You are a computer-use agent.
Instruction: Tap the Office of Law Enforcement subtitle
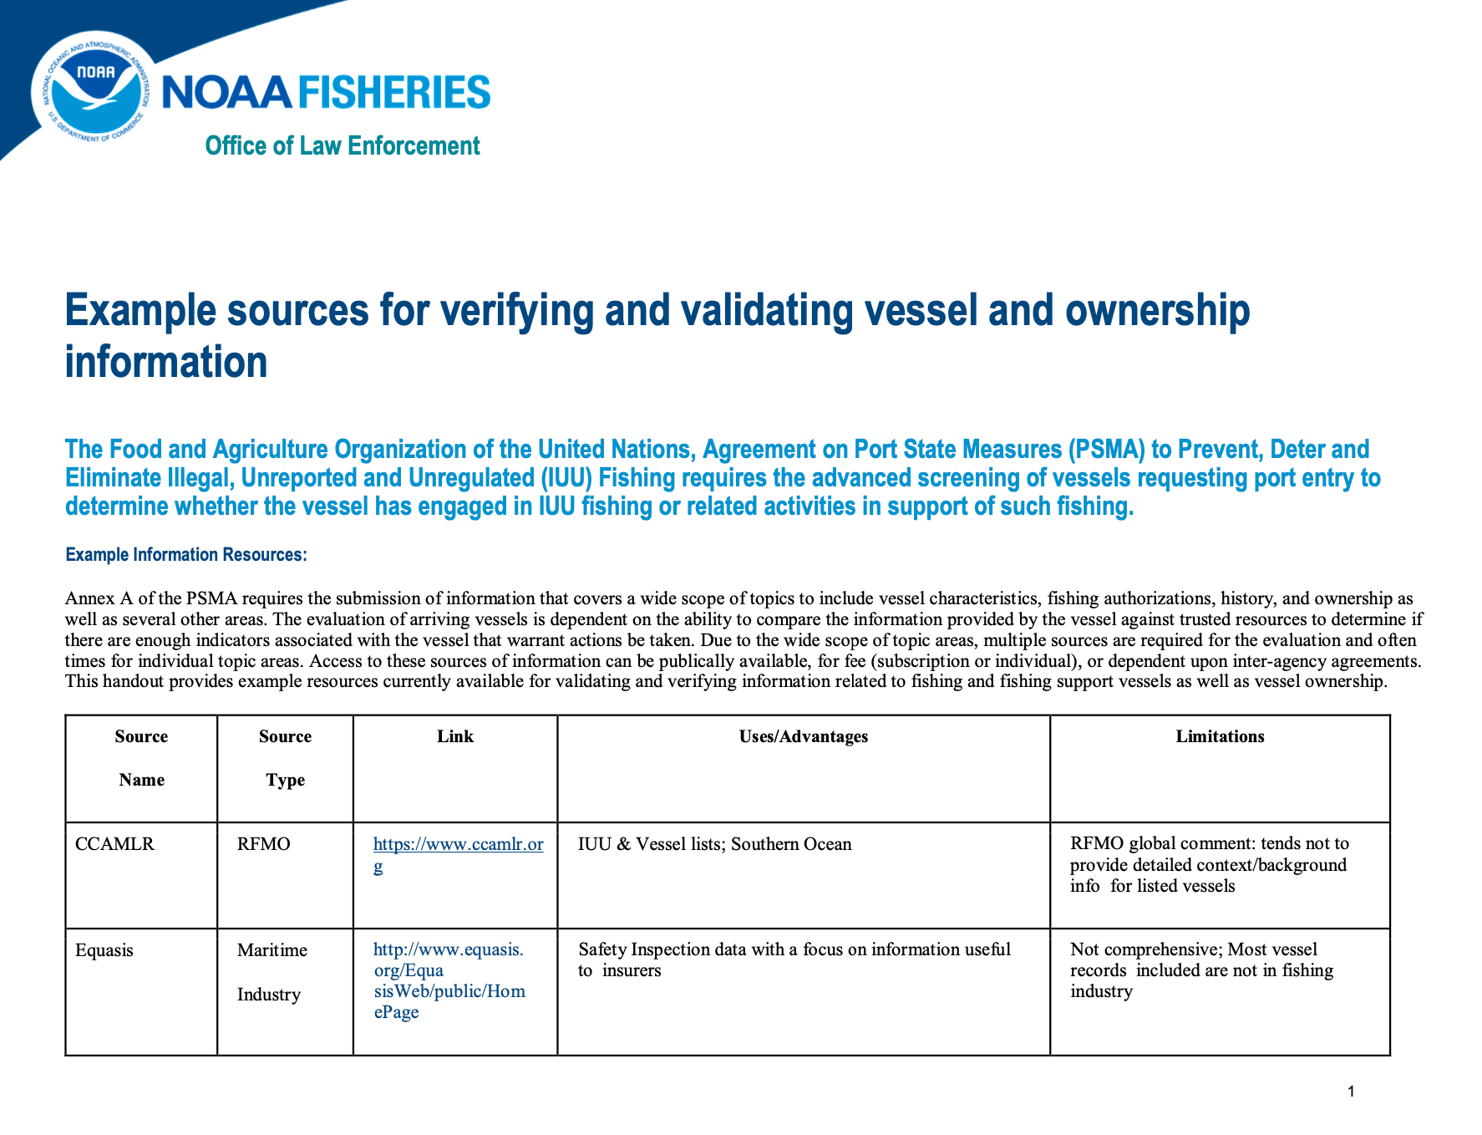click(343, 146)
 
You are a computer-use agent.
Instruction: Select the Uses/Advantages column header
click(803, 736)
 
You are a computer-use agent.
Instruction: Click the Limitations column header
click(1220, 736)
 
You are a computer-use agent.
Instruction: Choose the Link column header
click(454, 736)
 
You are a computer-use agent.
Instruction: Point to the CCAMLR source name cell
click(115, 844)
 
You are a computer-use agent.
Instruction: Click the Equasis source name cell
click(104, 950)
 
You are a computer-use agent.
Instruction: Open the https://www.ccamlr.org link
click(458, 845)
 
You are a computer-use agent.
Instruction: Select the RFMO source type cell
click(263, 844)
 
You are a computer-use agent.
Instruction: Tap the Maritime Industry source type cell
click(272, 972)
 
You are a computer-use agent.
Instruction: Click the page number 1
click(1351, 1092)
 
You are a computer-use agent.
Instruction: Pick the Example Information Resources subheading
click(186, 555)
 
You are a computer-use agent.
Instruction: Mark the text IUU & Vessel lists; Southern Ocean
click(714, 844)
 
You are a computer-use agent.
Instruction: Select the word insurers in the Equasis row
click(632, 971)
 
